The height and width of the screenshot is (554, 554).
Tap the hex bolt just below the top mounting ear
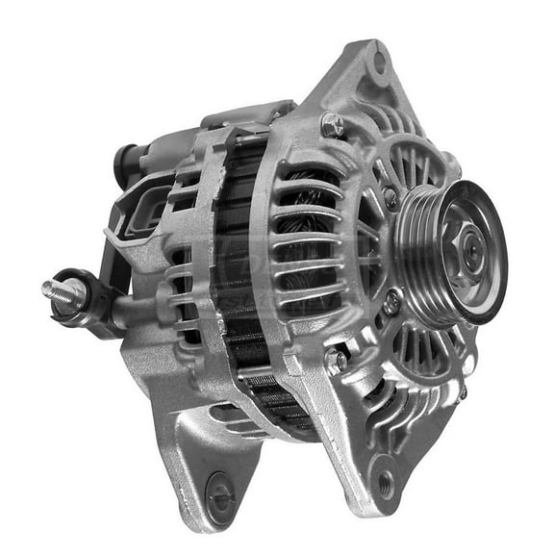tap(332, 124)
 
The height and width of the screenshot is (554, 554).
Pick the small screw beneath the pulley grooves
tap(392, 303)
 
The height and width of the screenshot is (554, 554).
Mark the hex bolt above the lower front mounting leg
tap(335, 360)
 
